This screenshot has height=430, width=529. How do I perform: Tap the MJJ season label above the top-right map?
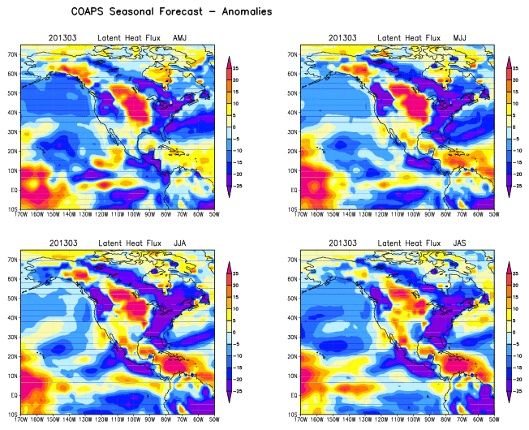click(x=451, y=38)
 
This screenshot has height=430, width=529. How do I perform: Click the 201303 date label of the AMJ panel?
click(x=62, y=38)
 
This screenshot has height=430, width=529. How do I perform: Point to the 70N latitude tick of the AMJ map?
click(x=14, y=54)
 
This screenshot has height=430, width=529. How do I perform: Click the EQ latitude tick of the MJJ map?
click(x=295, y=191)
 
